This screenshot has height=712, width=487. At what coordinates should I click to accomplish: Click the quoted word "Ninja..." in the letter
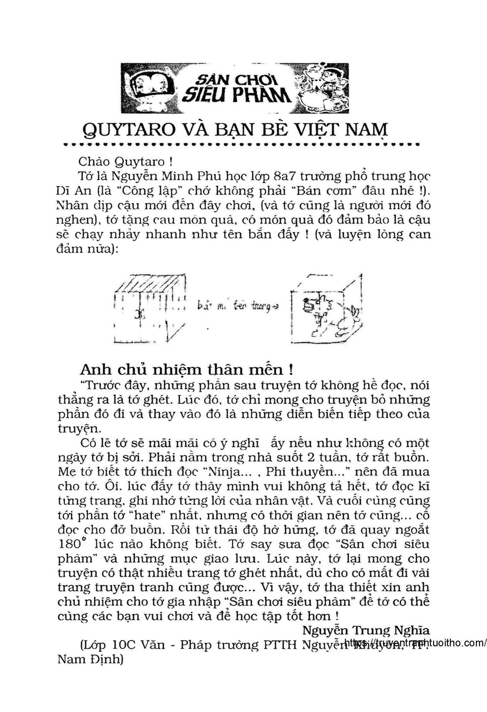click(227, 472)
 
